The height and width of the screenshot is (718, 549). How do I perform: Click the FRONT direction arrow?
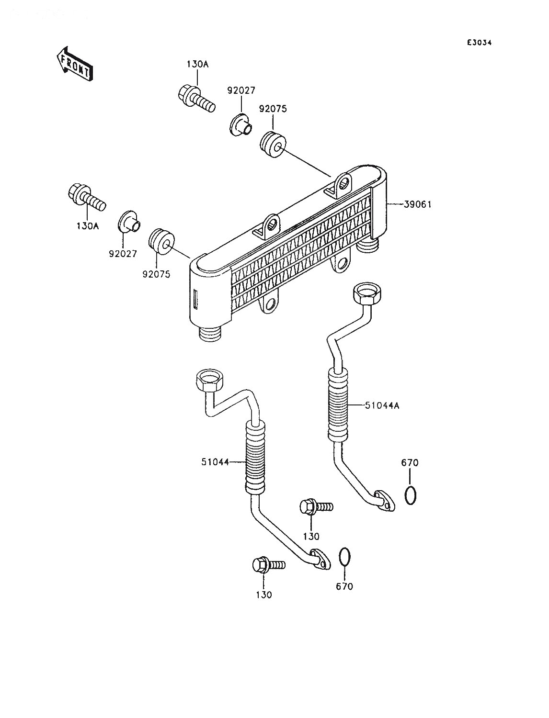coord(74,64)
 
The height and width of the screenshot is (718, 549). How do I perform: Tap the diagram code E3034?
coord(479,43)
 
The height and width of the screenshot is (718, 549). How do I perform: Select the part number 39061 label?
coord(417,204)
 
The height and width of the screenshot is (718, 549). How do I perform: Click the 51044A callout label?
coord(382,405)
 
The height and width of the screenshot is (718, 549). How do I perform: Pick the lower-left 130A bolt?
coord(87,197)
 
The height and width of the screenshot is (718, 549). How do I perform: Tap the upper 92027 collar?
coord(240,124)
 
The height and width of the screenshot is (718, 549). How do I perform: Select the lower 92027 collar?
coord(129,222)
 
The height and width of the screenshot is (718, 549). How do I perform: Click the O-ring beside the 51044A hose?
coord(411,504)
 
